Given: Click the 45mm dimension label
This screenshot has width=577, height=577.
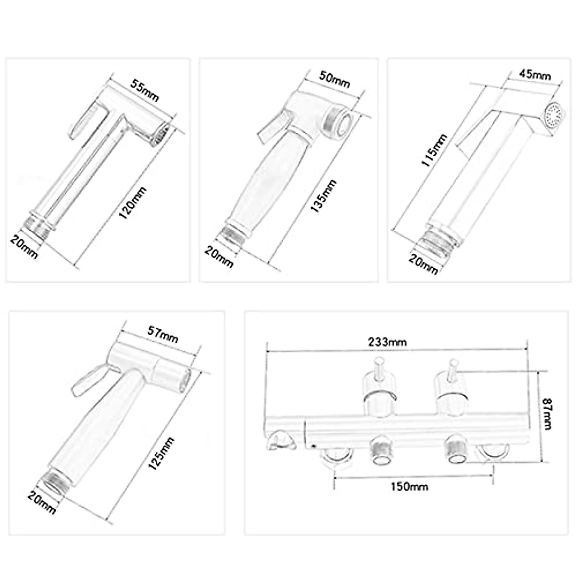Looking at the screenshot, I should tap(535, 75).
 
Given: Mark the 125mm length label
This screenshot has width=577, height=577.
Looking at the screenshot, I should tap(162, 455).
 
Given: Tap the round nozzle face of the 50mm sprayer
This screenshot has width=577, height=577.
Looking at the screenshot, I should tap(339, 123).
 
